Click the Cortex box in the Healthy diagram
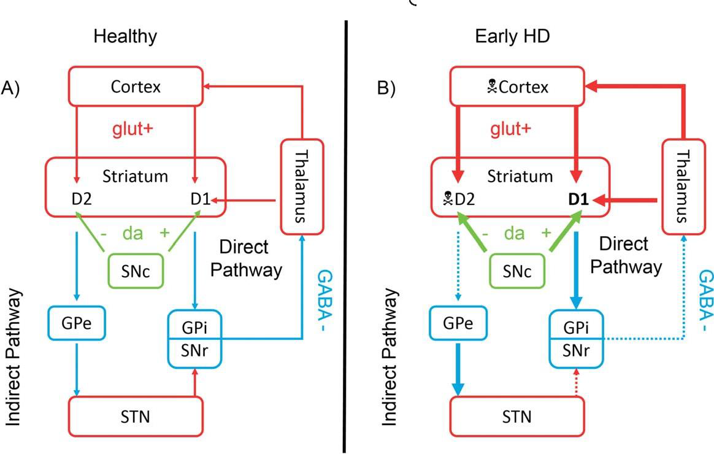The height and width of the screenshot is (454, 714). [x=136, y=87]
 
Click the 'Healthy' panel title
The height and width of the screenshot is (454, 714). [x=125, y=36]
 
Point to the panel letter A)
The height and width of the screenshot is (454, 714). [x=11, y=87]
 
